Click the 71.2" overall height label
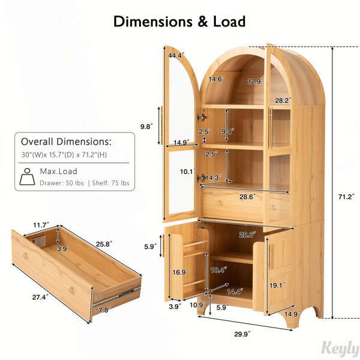point(346,197)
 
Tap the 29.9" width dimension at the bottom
point(242,334)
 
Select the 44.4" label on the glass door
point(176,55)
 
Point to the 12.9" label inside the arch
point(256,81)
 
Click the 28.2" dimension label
point(283,100)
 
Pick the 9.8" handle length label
point(146,126)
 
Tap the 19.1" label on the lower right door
point(277,285)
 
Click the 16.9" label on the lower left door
point(181,272)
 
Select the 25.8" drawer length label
point(104,244)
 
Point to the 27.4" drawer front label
point(40,297)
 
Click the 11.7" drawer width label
point(41,225)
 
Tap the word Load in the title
point(229,22)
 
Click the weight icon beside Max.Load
point(27,176)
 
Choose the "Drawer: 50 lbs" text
point(62,183)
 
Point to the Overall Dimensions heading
point(66,142)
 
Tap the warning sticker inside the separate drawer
point(38,241)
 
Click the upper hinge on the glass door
point(202,118)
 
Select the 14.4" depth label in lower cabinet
point(235,292)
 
